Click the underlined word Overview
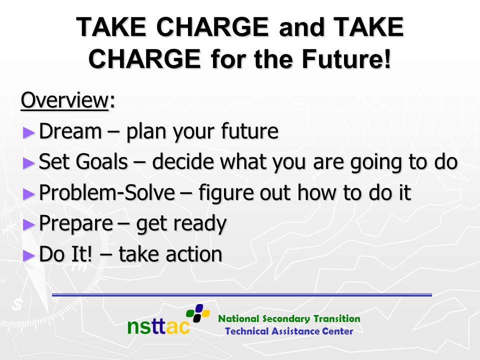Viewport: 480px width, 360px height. pyautogui.click(x=64, y=100)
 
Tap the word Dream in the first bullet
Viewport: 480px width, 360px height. pyautogui.click(x=70, y=131)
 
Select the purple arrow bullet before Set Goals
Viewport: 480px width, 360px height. pyautogui.click(x=29, y=163)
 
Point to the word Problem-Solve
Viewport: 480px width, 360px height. pyautogui.click(x=107, y=192)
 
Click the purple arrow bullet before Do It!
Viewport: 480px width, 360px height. pyautogui.click(x=29, y=255)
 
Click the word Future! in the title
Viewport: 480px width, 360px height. pyautogui.click(x=346, y=58)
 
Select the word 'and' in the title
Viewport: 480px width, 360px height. pyautogui.click(x=301, y=27)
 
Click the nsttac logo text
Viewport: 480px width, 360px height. pyautogui.click(x=158, y=325)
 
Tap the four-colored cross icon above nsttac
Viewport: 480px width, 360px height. pyautogui.click(x=198, y=313)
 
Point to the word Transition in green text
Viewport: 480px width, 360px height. pyautogui.click(x=336, y=318)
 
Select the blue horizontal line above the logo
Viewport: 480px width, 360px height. pyautogui.click(x=242, y=295)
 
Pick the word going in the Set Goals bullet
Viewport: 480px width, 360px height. pyautogui.click(x=376, y=162)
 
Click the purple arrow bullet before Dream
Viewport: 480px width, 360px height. pyautogui.click(x=29, y=132)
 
